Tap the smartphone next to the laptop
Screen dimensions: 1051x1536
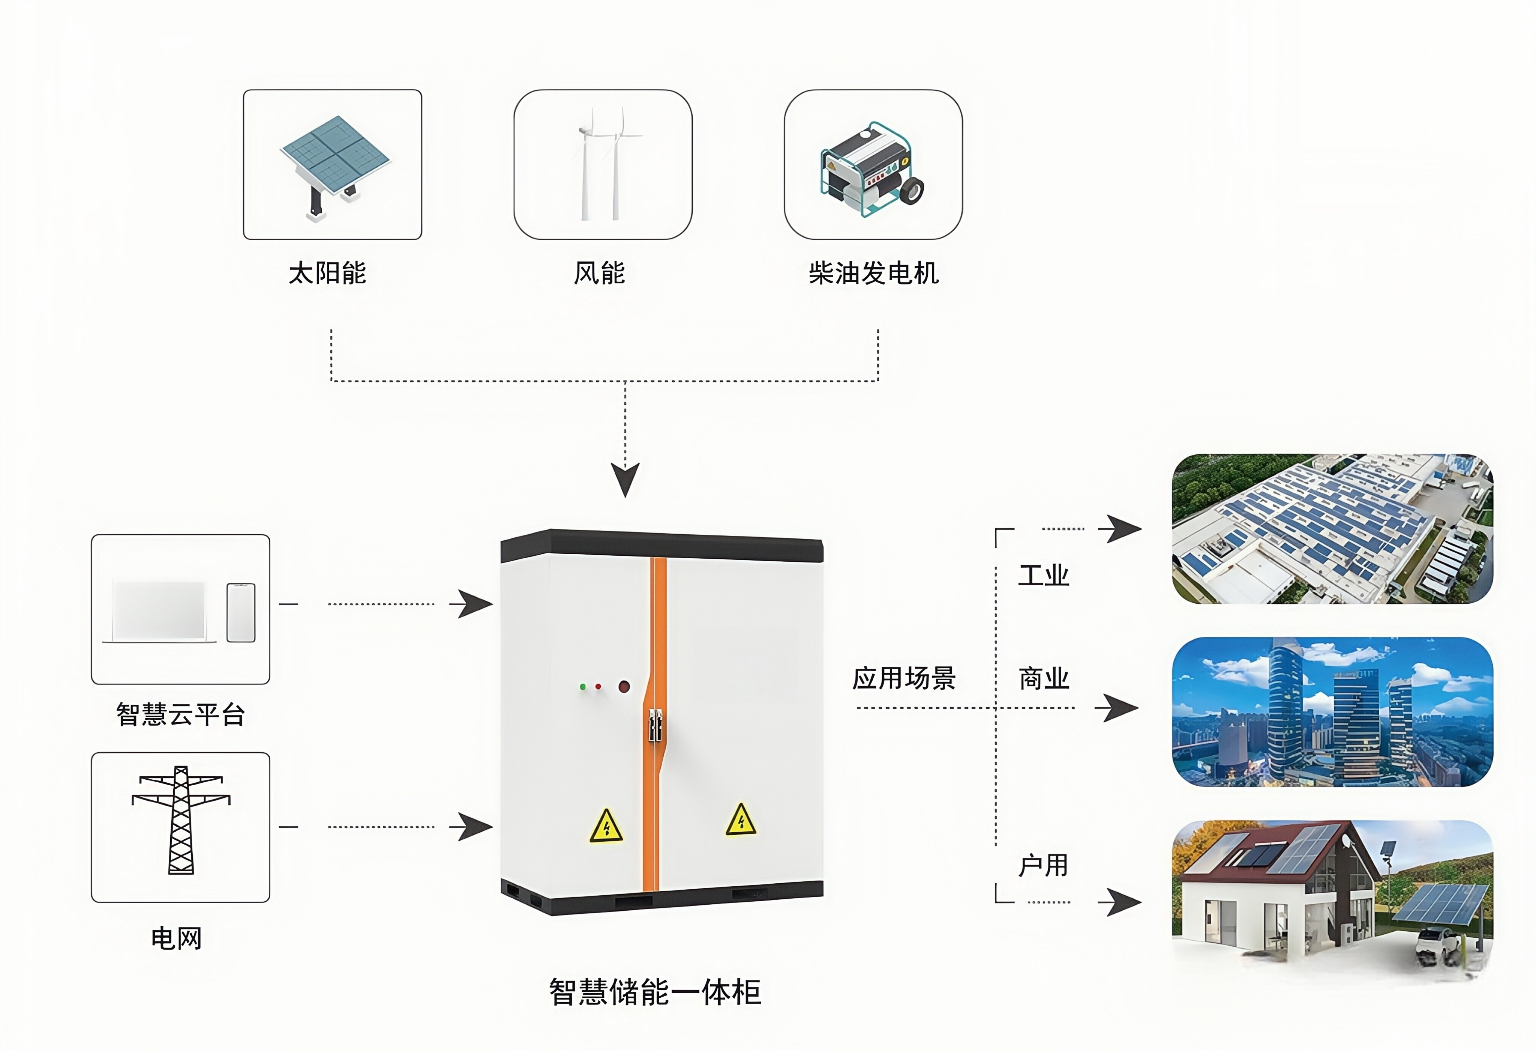click(241, 612)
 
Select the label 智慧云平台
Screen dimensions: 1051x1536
click(180, 714)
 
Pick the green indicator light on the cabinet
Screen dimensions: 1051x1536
click(582, 687)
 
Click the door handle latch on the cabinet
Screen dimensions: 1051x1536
click(654, 725)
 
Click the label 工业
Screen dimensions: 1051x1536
click(1043, 576)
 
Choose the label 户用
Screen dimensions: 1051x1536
click(1043, 865)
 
